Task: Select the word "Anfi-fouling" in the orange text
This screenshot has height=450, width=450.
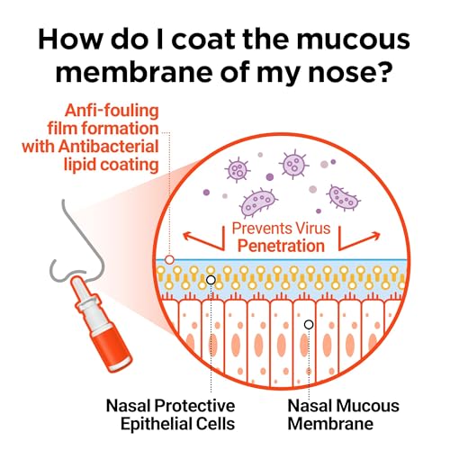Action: point(112,111)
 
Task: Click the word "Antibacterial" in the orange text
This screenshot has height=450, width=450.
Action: point(109,147)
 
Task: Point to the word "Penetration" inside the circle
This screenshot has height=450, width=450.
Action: point(281,246)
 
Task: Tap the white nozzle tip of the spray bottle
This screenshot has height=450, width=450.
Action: point(77,283)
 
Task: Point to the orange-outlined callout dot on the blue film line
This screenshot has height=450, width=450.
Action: point(169,260)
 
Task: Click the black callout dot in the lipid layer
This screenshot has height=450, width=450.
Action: point(211,280)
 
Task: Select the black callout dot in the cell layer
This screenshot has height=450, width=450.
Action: point(309,324)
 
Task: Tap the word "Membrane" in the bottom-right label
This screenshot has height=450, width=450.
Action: point(330,424)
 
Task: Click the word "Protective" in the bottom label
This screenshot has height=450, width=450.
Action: point(194,406)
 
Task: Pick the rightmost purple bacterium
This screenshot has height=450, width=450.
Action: point(344,197)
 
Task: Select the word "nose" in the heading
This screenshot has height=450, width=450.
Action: point(341,74)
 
